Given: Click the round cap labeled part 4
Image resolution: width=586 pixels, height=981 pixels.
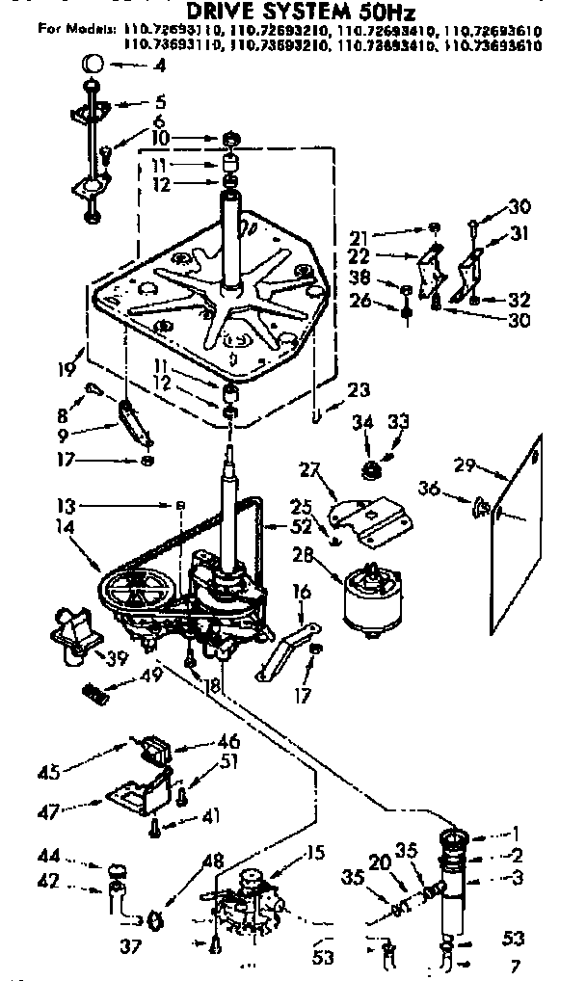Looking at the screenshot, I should (93, 66).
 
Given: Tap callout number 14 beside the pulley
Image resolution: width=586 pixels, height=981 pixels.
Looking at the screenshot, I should (67, 528).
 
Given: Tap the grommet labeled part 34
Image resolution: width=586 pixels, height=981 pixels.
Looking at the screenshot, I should (367, 469).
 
